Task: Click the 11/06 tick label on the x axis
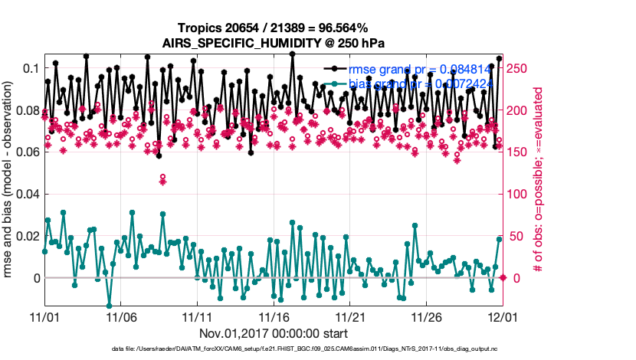point(121,316)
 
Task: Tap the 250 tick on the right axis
point(520,69)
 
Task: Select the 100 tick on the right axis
point(520,194)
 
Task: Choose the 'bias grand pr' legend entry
point(418,83)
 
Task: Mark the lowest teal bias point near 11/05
point(109,306)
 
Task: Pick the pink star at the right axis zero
point(503,277)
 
